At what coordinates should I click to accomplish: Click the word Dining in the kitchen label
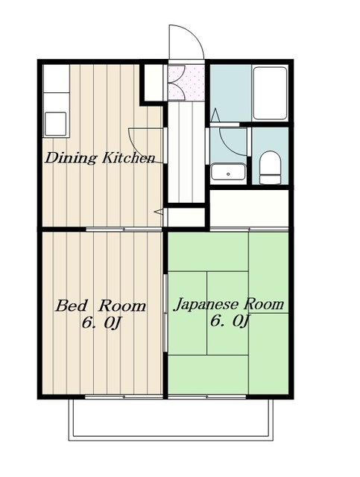[72, 158]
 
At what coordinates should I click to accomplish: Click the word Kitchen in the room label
[129, 158]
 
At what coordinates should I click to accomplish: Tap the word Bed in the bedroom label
[72, 306]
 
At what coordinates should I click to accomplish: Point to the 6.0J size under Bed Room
[101, 323]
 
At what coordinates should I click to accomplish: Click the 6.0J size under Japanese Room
[230, 321]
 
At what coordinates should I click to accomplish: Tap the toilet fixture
[270, 168]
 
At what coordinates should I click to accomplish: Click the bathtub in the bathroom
[271, 93]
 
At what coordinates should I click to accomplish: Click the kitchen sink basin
[55, 124]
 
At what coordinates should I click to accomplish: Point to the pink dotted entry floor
[186, 82]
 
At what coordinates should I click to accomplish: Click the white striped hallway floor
[186, 152]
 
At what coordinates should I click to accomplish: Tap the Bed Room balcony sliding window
[124, 397]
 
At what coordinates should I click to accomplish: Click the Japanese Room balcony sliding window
[207, 397]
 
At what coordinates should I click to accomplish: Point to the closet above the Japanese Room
[249, 209]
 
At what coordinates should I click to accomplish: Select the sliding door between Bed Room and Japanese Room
[165, 313]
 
